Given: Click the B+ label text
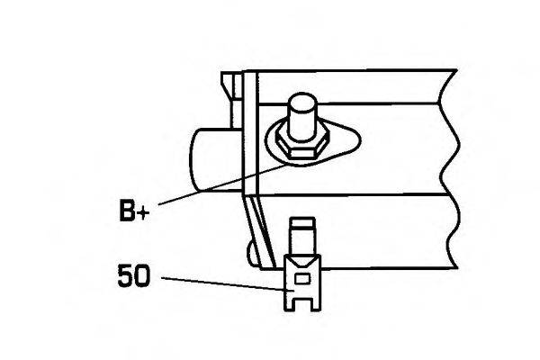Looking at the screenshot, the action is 134,211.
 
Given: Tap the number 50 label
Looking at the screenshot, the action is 134,275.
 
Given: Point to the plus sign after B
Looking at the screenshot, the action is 143,213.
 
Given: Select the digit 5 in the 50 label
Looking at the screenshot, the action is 125,275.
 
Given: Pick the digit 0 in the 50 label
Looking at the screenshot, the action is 142,275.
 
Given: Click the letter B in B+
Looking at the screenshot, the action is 126,211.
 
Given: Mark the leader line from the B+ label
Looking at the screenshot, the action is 222,184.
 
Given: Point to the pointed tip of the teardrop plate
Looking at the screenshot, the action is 359,139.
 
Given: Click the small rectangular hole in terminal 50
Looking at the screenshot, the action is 302,278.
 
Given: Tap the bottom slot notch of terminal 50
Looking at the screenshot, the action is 302,304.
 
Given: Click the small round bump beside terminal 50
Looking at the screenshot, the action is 252,253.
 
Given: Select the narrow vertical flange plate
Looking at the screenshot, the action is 250,132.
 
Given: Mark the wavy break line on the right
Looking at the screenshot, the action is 449,169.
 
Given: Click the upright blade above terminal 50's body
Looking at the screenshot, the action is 302,238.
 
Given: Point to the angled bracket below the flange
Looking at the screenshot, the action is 259,230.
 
